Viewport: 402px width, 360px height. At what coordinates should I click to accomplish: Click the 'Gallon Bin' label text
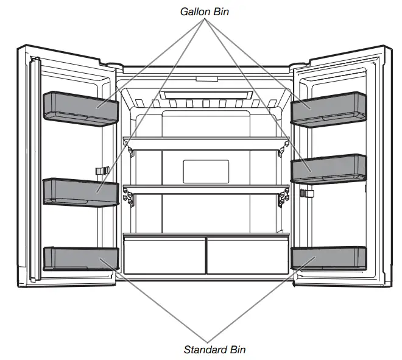[x=205, y=11]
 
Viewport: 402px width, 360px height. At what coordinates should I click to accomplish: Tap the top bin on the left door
[x=80, y=108]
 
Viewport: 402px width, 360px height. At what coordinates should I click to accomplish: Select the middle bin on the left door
[x=80, y=192]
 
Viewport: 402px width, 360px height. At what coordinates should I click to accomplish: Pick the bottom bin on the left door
[x=80, y=258]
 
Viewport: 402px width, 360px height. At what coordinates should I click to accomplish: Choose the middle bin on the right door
[x=329, y=168]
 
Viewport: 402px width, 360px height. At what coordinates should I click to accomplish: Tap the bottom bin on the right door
[x=329, y=258]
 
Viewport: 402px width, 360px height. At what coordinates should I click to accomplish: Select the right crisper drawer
[x=247, y=256]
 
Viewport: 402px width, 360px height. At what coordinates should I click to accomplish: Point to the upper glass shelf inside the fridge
[x=205, y=141]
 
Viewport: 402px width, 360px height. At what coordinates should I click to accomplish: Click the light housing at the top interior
[x=205, y=95]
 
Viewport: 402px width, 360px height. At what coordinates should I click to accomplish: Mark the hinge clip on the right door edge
[x=308, y=194]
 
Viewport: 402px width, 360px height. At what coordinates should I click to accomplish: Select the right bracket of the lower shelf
[x=282, y=197]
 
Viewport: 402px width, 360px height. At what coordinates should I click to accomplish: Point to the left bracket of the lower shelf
[x=129, y=196]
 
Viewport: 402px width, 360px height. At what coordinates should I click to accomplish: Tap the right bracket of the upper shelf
[x=282, y=147]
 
